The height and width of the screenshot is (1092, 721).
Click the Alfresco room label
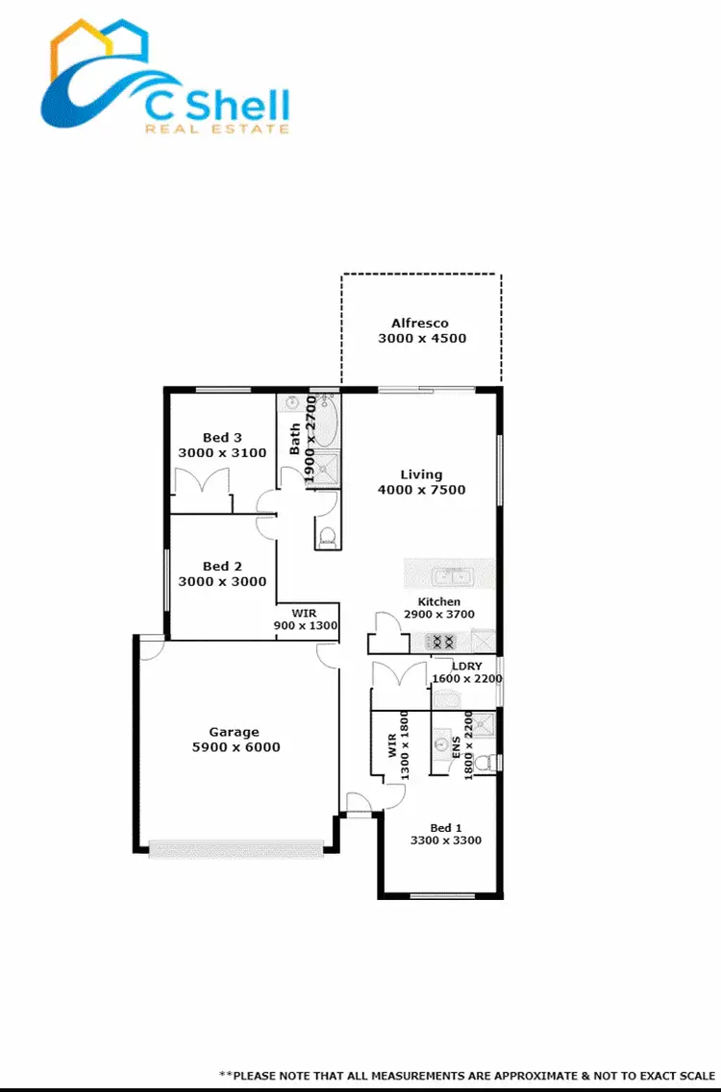420,324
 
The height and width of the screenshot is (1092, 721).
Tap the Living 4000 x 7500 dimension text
421,490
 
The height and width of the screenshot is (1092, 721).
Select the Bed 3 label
223,438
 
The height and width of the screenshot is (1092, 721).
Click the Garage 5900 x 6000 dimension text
235,747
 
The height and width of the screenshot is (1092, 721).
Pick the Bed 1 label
446,828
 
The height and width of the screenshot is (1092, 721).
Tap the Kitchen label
438,602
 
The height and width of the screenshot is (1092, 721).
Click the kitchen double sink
450,577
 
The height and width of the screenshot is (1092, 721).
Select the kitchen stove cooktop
439,642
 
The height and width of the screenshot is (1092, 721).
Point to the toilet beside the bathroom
327,536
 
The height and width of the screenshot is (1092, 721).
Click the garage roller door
236,849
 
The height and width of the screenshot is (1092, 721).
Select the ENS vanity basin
443,742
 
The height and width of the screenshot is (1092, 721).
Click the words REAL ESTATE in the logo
215,128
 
